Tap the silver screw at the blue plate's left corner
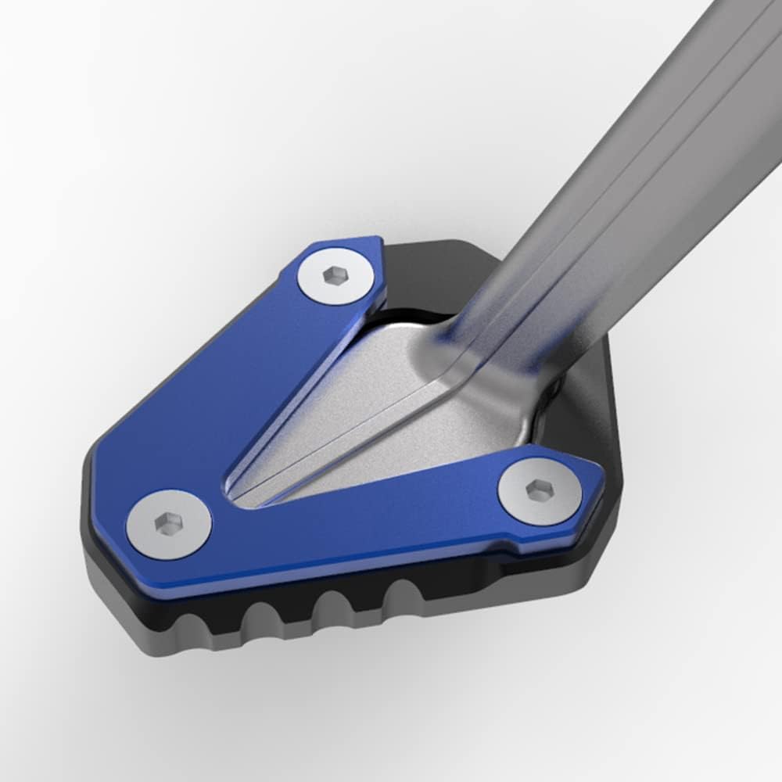pos(169,522)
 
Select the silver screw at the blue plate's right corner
pos(540,491)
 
